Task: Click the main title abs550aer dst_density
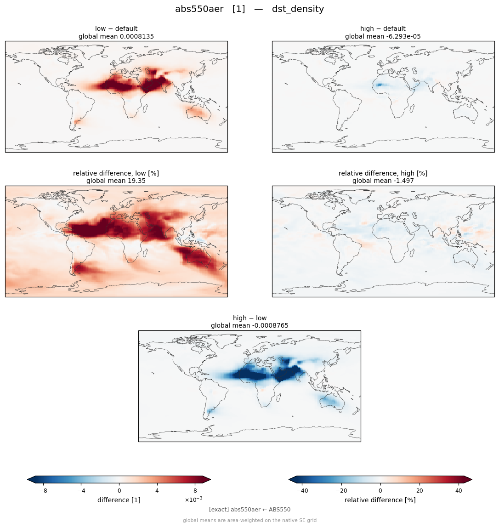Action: point(249,9)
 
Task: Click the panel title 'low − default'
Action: point(116,28)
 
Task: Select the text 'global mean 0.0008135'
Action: point(116,36)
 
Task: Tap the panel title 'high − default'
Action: point(383,28)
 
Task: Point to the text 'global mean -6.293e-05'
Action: point(383,36)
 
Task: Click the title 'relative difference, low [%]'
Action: point(116,173)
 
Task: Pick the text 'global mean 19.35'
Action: point(116,181)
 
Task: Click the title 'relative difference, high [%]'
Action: point(383,173)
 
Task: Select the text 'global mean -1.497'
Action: point(383,181)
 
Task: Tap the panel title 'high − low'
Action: point(249,318)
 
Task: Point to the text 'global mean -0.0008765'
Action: point(249,326)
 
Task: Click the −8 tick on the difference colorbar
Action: point(43,491)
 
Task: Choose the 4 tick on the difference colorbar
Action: point(157,491)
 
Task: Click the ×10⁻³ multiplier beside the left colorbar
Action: point(193,500)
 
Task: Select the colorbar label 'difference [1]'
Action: point(119,500)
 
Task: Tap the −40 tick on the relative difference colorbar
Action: point(302,491)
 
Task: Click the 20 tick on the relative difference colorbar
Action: point(420,491)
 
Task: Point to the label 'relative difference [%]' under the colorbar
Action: point(380,500)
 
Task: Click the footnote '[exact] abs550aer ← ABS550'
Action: point(249,510)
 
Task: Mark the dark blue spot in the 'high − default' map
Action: point(380,85)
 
